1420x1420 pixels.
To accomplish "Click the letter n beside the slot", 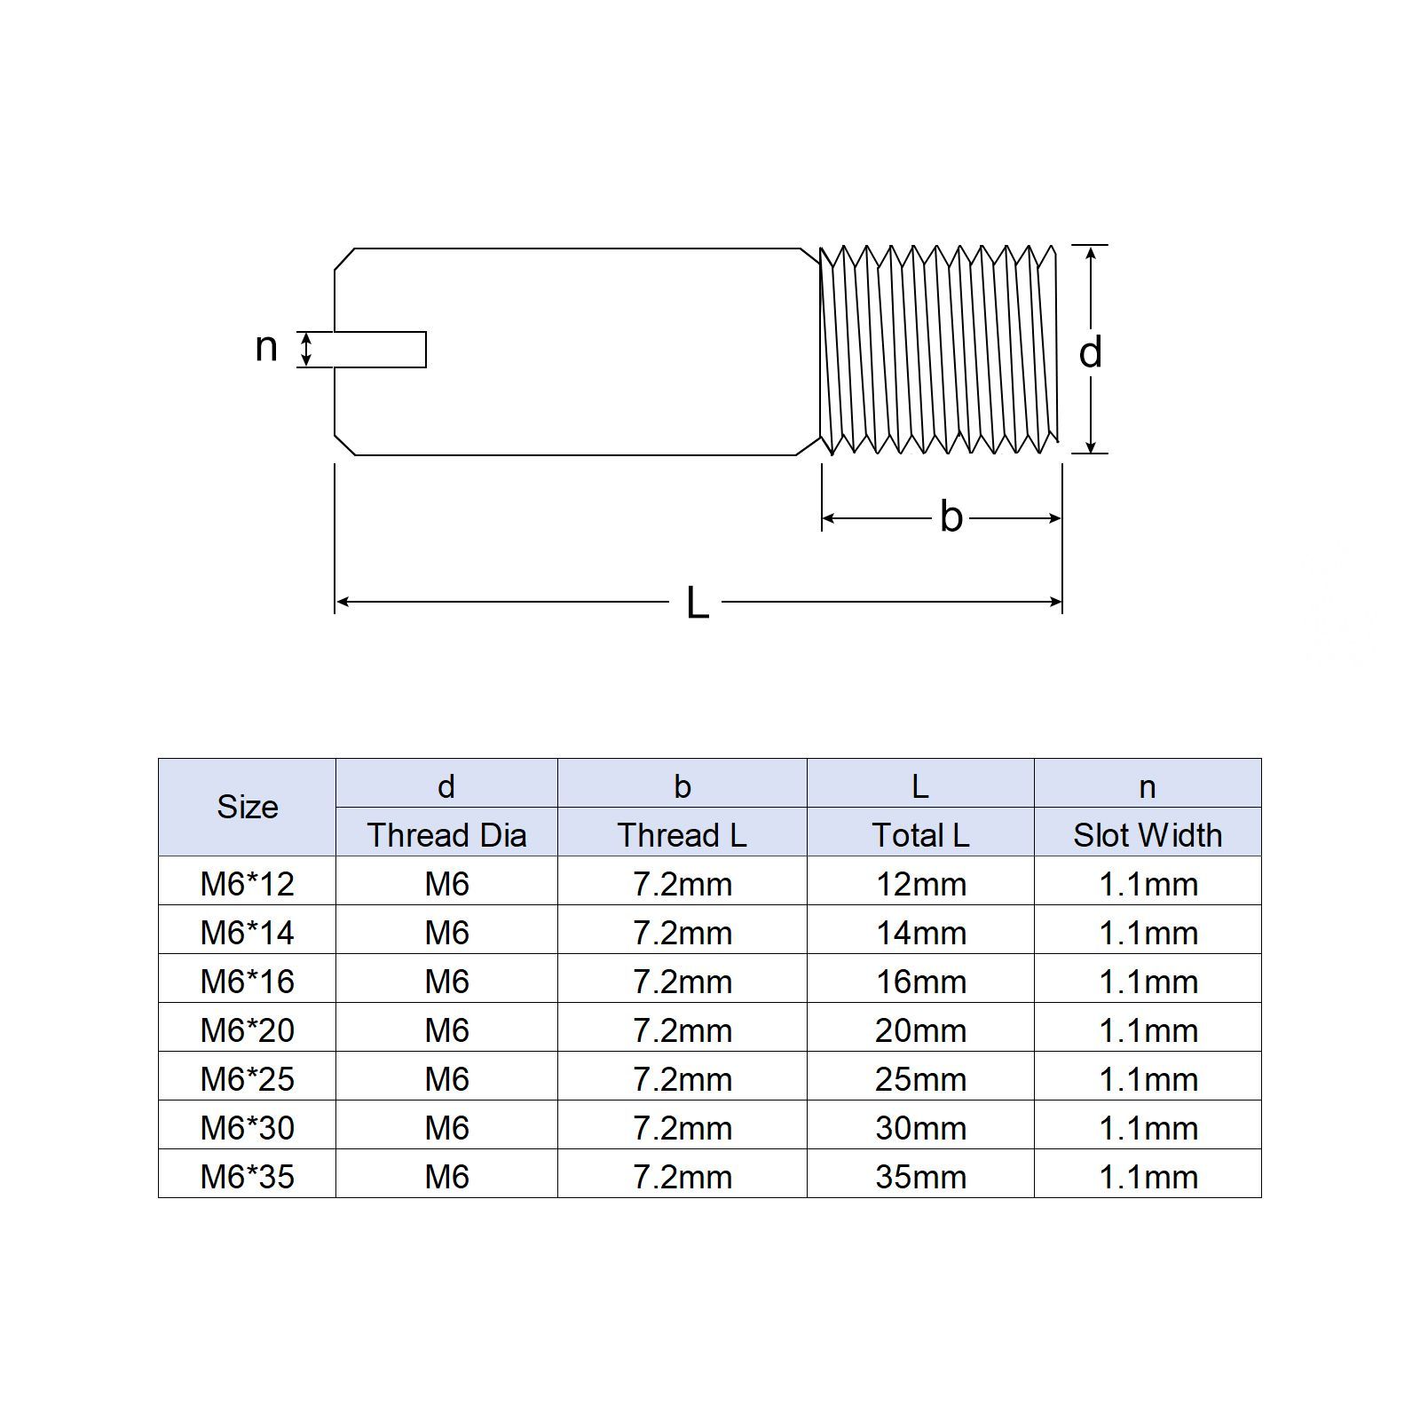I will [x=266, y=347].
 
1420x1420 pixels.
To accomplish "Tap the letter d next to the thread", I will [x=1090, y=352].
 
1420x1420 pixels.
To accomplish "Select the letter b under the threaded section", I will [x=951, y=517].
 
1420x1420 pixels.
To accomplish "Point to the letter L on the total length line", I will [x=698, y=603].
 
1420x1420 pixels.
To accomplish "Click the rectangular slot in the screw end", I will [x=381, y=349].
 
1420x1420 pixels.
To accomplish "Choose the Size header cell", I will [x=248, y=807].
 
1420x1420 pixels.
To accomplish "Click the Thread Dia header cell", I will [x=446, y=835].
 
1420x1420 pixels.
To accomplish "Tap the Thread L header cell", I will [x=682, y=835].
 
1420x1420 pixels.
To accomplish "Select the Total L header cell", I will [x=920, y=835].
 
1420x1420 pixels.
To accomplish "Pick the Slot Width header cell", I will [x=1148, y=835].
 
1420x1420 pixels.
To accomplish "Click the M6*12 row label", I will [x=248, y=884].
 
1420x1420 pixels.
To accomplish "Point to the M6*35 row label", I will [x=248, y=1177].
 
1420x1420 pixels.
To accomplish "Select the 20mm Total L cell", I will [x=920, y=1030].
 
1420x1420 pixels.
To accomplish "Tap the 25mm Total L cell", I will [x=920, y=1079].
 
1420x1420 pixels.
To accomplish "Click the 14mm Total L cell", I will [x=920, y=933].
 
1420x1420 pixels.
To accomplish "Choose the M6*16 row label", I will [x=248, y=982].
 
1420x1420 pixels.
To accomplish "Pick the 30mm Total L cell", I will [x=920, y=1128].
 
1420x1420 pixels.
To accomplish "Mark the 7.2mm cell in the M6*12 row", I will [x=682, y=884].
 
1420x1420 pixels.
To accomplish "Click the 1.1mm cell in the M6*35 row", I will [x=1148, y=1177].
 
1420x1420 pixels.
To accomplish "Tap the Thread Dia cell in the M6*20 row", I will [x=446, y=1030].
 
